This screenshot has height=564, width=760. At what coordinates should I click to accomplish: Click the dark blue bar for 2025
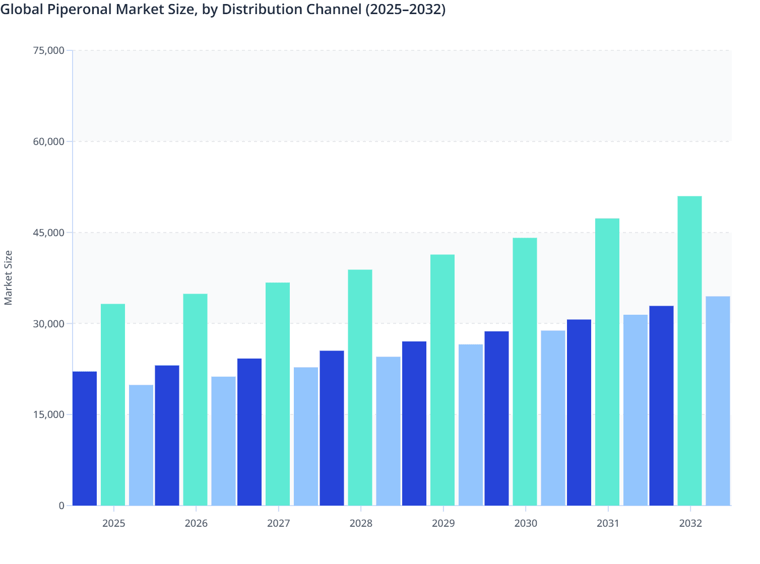tap(85, 438)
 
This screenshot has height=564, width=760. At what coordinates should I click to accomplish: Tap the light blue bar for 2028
tap(388, 431)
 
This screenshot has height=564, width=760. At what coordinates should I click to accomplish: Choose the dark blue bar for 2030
tap(496, 418)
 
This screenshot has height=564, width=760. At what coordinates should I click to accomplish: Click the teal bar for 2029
tap(442, 380)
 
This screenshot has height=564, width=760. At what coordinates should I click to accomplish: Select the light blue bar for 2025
tap(141, 445)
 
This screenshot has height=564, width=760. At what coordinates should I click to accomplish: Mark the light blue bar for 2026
tap(223, 441)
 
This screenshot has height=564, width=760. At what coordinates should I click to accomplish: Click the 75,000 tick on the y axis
tap(48, 50)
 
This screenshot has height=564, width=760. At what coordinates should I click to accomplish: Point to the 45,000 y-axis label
tap(48, 233)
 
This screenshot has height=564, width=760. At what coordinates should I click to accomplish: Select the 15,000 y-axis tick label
tap(48, 414)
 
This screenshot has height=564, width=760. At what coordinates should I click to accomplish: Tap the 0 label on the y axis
tap(61, 506)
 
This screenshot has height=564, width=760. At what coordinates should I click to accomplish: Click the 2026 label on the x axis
tap(196, 523)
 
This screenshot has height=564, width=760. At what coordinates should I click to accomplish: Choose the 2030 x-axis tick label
tap(526, 523)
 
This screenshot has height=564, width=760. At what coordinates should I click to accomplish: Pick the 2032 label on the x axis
tap(690, 523)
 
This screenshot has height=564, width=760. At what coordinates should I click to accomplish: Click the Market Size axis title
tap(9, 277)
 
